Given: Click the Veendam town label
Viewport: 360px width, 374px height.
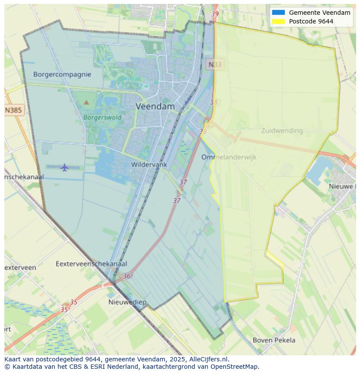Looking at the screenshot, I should pyautogui.click(x=155, y=106).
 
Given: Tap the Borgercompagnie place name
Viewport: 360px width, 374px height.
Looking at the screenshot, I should pyautogui.click(x=62, y=74).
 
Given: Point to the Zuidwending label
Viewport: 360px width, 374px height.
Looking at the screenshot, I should pyautogui.click(x=282, y=130).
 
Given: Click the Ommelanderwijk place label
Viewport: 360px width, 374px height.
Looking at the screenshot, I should pyautogui.click(x=229, y=157).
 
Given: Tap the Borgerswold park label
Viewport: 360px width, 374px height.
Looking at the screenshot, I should pyautogui.click(x=102, y=117).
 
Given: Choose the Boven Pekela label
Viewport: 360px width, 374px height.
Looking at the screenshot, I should pyautogui.click(x=274, y=340).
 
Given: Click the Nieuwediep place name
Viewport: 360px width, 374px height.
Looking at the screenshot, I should pyautogui.click(x=127, y=302).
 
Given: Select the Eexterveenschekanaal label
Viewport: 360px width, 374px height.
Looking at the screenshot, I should pyautogui.click(x=91, y=264).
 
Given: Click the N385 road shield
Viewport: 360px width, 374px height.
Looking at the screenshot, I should pyautogui.click(x=13, y=110).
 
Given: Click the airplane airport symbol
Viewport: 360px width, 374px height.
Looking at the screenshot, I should pyautogui.click(x=64, y=167).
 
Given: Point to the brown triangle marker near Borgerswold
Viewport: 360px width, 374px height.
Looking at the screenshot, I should pyautogui.click(x=86, y=103).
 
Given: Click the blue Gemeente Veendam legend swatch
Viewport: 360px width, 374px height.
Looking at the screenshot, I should pyautogui.click(x=278, y=13).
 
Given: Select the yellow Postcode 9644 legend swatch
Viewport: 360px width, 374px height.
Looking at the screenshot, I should pyautogui.click(x=278, y=21).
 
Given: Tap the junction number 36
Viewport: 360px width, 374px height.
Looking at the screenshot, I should pyautogui.click(x=127, y=276).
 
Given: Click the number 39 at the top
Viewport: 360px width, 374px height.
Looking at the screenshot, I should pyautogui.click(x=215, y=14).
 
